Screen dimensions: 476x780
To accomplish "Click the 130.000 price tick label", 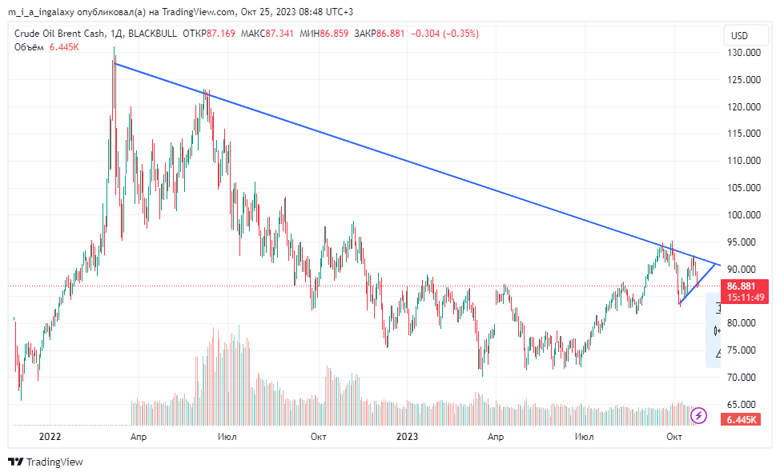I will pos(742,53).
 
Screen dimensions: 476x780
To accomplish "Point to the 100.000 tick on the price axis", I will pos(742,215).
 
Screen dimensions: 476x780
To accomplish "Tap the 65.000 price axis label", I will pos(742,405).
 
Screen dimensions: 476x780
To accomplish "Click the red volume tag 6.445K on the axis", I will pos(742,420).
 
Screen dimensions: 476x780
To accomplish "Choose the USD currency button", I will pos(739,35).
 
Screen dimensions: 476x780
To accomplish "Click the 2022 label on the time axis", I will pos(50,437).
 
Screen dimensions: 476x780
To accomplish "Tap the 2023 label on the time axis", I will pos(408,437).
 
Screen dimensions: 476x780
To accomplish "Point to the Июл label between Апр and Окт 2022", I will pos(227,437).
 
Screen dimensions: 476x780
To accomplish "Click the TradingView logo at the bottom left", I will pos(45,462).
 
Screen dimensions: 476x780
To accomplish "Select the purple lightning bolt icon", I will pos(699,414).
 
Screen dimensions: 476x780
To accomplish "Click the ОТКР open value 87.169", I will pos(221,34).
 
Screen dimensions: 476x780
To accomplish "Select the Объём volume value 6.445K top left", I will pos(64,47).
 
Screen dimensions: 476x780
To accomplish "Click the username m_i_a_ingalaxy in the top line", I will pos(48,12).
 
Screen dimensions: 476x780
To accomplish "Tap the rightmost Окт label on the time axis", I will pos(674,437).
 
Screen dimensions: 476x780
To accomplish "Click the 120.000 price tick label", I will pos(742,107).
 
